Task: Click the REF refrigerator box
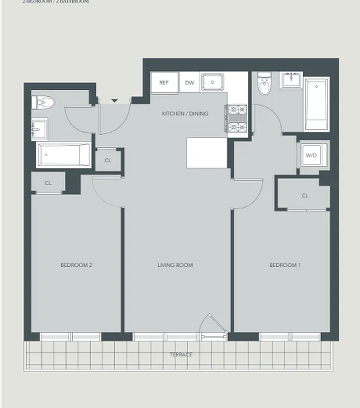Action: (x=164, y=83)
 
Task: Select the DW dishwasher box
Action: (x=189, y=83)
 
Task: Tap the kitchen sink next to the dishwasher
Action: (x=213, y=82)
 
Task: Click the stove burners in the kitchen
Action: (x=237, y=118)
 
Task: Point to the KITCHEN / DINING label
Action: (x=185, y=114)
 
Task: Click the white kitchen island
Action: (x=207, y=153)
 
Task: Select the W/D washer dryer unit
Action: (x=311, y=155)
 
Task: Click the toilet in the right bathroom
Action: (x=264, y=85)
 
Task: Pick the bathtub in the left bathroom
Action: (x=64, y=155)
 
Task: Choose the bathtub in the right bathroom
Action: (x=317, y=104)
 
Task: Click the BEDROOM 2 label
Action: (x=76, y=265)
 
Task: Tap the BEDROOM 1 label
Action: (x=285, y=265)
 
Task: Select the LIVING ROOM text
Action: (x=175, y=265)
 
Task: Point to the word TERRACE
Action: (x=181, y=354)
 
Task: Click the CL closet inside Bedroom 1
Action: (x=305, y=195)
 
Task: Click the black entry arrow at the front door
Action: (x=115, y=100)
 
